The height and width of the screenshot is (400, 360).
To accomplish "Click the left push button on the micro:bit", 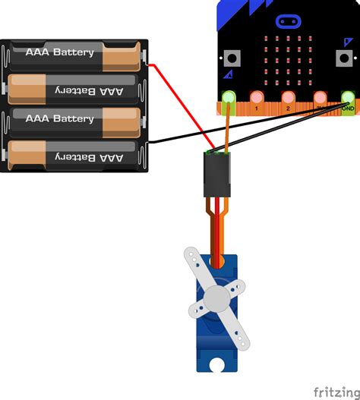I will point(231,58).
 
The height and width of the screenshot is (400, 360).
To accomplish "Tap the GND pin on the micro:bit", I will point(348,98).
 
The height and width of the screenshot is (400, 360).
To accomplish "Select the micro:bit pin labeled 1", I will point(257,98).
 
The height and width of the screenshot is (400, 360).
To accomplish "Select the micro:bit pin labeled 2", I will point(288,98).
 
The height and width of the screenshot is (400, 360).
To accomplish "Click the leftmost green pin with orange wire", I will point(227,98).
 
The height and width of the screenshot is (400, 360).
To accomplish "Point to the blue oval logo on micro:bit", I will point(287,21).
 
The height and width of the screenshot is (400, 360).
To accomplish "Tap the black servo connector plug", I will point(217,174).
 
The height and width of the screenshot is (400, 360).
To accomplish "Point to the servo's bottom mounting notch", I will point(217,367).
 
